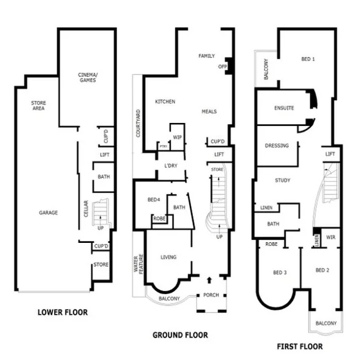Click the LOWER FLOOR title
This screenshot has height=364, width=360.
point(62,312)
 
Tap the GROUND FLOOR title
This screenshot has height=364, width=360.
point(180,335)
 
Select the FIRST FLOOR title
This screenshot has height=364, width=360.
point(299,346)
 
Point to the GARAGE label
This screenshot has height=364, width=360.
point(47,213)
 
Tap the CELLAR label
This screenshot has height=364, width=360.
point(86,210)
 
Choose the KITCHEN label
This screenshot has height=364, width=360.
point(165,101)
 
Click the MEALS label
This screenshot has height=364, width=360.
point(209,112)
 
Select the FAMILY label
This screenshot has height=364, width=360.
point(206,56)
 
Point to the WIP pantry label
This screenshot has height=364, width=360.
point(177,137)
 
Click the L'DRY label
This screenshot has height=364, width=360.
point(171,166)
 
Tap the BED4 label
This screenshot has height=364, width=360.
point(154,200)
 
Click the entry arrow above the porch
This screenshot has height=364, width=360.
point(208,280)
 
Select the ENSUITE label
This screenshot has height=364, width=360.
point(283,108)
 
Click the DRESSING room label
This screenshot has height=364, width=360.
point(277,146)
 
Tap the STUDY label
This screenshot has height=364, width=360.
point(283,180)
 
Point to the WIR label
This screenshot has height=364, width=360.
point(331,237)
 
